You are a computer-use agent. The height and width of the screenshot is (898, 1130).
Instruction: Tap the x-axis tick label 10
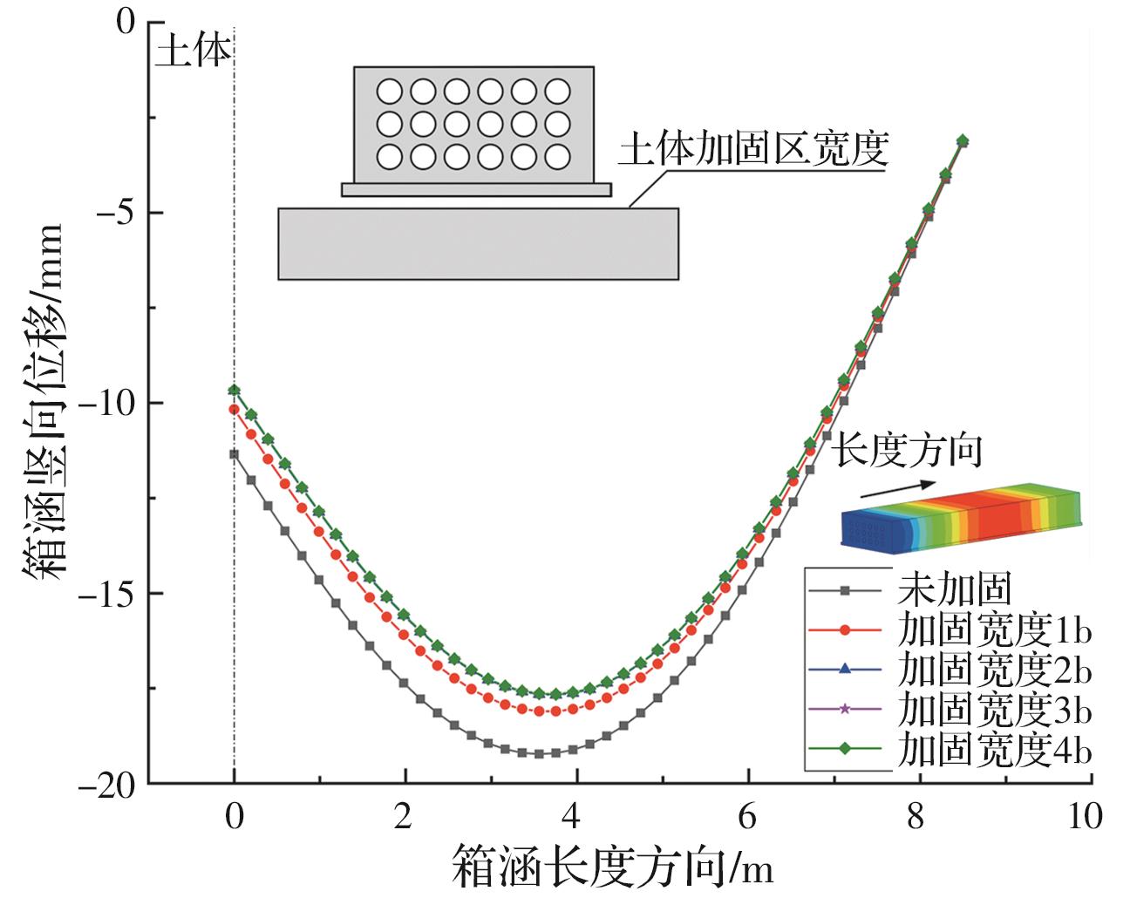point(1084,818)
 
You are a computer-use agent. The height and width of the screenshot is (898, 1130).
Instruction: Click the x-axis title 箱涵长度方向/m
point(612,868)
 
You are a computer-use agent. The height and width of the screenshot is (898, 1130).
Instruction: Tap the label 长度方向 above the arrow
point(907,452)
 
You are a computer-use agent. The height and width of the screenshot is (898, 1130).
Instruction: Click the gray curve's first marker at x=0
point(234,453)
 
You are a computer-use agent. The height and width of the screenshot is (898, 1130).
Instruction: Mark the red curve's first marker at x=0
point(234,409)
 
